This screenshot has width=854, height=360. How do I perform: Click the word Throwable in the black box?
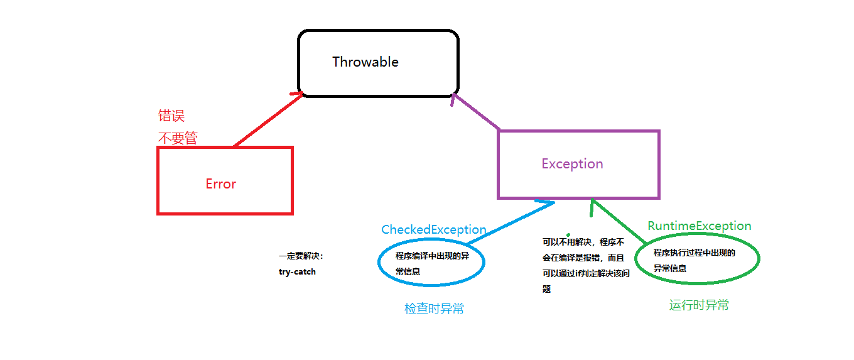[x=365, y=62]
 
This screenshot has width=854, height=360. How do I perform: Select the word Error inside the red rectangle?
[x=220, y=184]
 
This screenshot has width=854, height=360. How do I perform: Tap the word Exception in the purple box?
[x=572, y=164]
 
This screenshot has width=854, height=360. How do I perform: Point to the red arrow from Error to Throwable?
[x=264, y=122]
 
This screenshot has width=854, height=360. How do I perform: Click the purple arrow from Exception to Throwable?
[x=475, y=112]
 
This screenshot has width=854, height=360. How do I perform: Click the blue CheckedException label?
[x=433, y=230]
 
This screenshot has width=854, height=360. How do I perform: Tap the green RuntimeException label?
[x=699, y=226]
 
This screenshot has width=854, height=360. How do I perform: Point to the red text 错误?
[x=171, y=116]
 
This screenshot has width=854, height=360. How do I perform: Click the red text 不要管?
[x=177, y=138]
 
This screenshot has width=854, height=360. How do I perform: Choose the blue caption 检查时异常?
[x=434, y=308]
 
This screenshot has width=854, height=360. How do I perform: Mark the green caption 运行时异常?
[x=699, y=305]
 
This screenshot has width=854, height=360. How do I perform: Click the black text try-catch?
[x=297, y=272]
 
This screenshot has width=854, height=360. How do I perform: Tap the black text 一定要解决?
[x=301, y=256]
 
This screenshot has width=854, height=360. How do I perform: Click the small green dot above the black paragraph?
[x=568, y=234]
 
